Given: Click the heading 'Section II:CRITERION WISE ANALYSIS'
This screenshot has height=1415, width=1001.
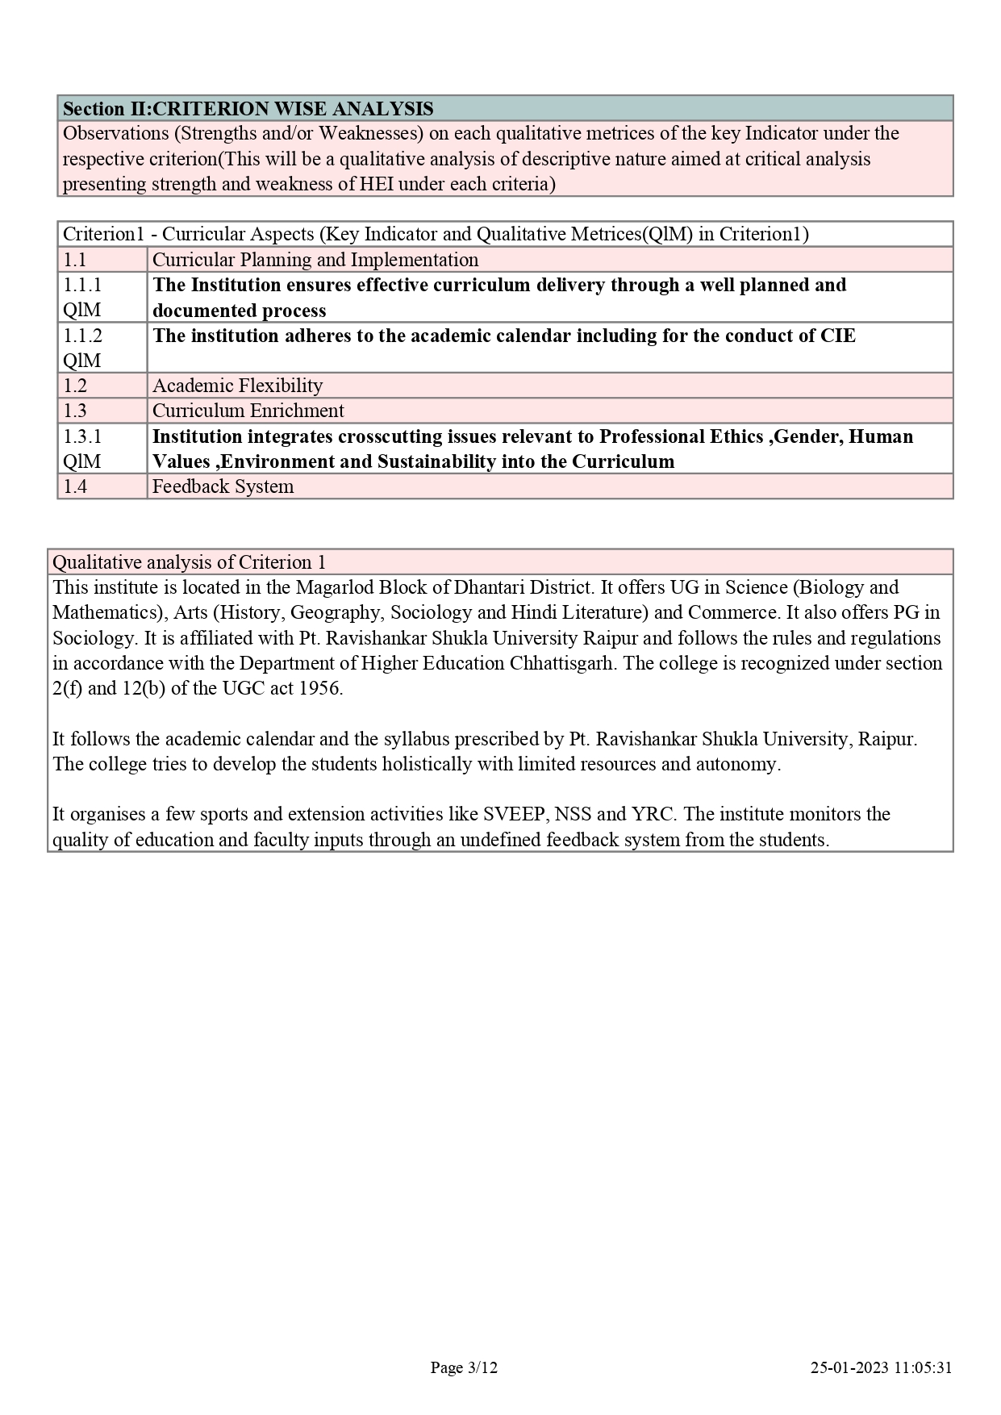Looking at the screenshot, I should coord(248,109).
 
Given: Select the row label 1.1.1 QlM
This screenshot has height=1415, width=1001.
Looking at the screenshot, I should coord(82,297).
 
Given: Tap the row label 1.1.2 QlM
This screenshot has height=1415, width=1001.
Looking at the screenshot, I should coord(82,348).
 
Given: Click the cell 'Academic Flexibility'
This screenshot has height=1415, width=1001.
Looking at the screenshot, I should coord(237,386).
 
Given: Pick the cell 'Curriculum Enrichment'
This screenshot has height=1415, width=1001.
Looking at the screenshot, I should coord(248,411).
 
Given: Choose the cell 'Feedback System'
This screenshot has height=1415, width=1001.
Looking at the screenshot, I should coord(223,486).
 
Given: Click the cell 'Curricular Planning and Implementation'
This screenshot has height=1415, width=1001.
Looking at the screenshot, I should coord(315,260).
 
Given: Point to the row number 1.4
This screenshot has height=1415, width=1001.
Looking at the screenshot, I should coord(75,486).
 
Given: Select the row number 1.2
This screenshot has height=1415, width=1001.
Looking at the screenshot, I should coord(75,386).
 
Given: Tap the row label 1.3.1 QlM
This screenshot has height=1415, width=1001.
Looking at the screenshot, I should coord(82,449).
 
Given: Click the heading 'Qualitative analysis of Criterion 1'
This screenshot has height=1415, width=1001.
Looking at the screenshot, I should coord(189,562).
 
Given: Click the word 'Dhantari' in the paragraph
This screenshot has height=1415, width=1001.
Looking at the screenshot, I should coord(496,587).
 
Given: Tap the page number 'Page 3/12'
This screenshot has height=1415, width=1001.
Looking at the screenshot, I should coord(464,1367).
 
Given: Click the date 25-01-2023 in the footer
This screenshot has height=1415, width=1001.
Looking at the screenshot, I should coord(849,1367).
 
